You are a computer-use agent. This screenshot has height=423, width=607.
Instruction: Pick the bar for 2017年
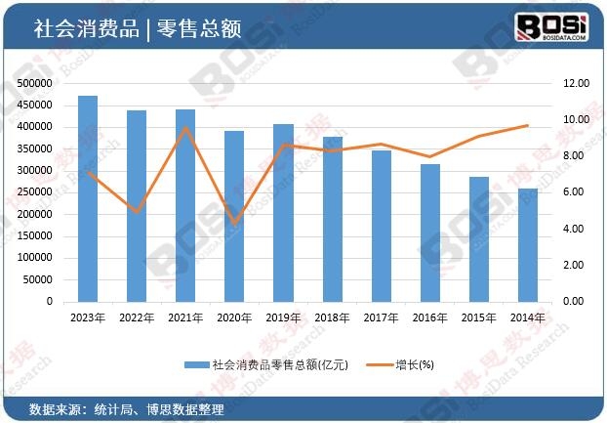click(x=381, y=226)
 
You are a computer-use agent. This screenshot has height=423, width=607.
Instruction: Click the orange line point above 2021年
click(x=185, y=128)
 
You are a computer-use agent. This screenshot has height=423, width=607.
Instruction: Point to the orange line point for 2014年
click(x=528, y=125)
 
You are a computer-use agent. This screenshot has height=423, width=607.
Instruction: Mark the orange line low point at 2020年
click(x=234, y=223)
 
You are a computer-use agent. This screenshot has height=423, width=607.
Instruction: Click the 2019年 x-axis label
click(x=283, y=318)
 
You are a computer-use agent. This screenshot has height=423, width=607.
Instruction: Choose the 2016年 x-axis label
click(x=430, y=318)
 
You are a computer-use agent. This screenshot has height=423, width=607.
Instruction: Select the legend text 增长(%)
click(x=414, y=364)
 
